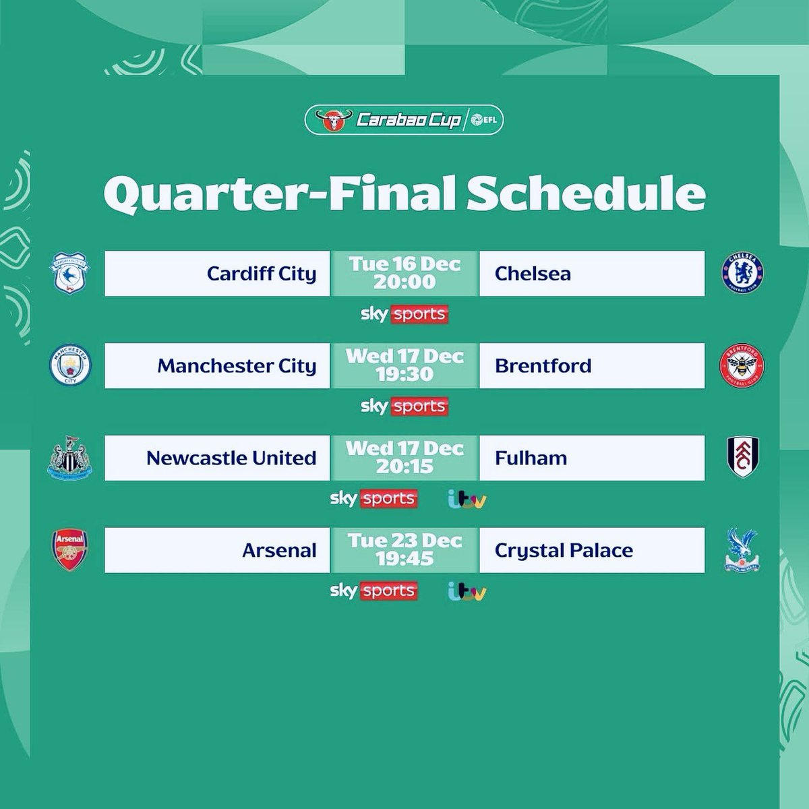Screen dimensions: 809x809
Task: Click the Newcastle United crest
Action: (x=67, y=458)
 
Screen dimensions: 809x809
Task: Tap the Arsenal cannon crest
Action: (x=69, y=550)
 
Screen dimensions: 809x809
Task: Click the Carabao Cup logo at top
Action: (x=404, y=121)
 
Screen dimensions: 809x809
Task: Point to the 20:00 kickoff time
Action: (x=404, y=282)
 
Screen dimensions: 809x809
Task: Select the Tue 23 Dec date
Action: (x=404, y=541)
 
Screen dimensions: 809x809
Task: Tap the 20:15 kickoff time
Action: (x=404, y=467)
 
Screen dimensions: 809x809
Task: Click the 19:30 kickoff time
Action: (x=404, y=374)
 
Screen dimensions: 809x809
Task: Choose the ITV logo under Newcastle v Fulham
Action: (x=467, y=500)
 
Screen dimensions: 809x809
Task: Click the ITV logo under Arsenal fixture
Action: (x=467, y=592)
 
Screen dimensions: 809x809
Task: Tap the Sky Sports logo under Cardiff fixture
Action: (x=404, y=315)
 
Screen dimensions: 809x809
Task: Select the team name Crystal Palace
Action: (x=564, y=550)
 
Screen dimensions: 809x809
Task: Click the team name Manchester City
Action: (x=237, y=365)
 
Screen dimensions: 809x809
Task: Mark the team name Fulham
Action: (x=531, y=458)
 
